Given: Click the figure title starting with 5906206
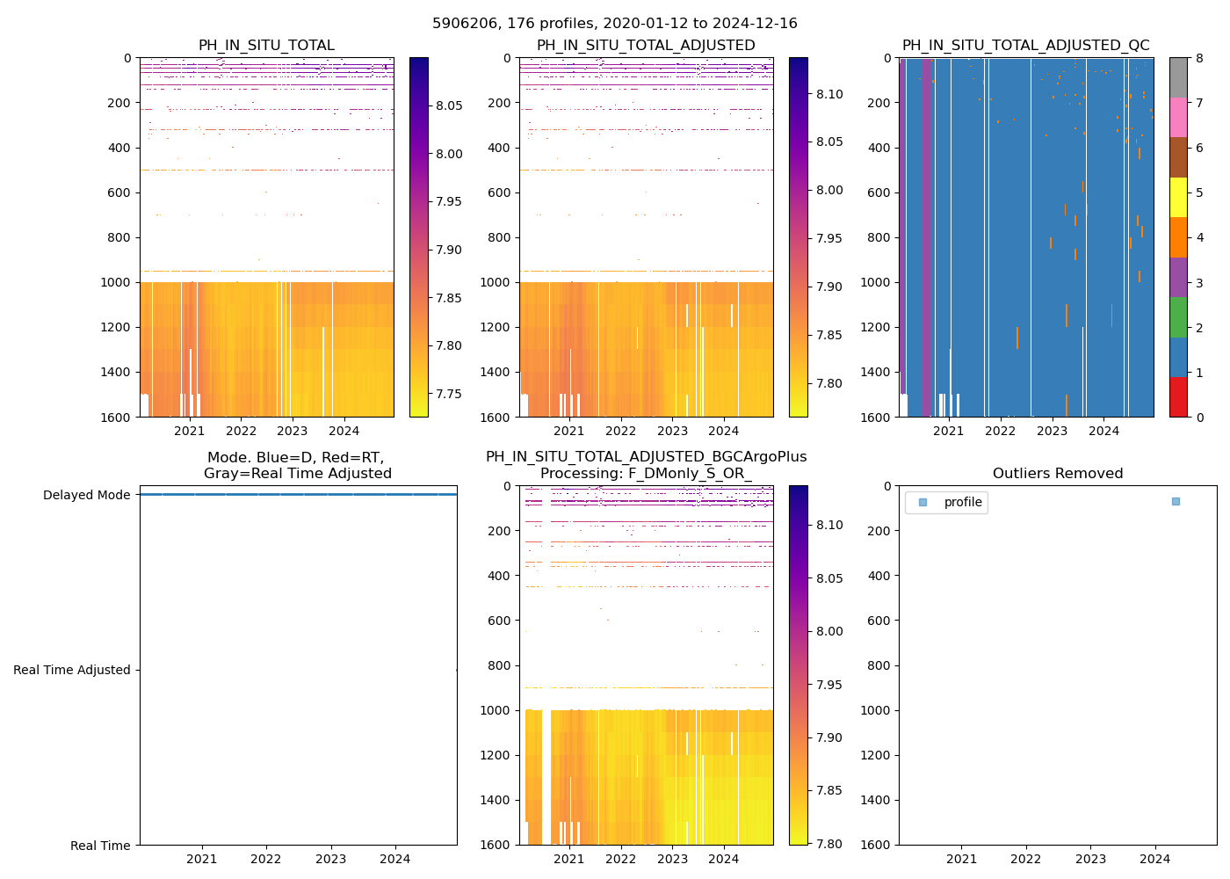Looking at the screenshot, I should tap(615, 24).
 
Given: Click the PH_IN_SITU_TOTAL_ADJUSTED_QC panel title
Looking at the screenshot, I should tap(1025, 46).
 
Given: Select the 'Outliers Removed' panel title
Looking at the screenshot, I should tap(1058, 474).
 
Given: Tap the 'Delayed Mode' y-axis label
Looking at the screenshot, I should tap(86, 495).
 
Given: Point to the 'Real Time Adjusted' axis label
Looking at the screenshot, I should tap(72, 670).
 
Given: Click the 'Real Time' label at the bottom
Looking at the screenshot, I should tap(100, 846).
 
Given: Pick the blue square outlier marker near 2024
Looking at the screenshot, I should tap(1176, 501).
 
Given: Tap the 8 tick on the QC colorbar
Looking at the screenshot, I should tap(1198, 58).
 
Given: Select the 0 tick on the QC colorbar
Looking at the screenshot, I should tap(1198, 417).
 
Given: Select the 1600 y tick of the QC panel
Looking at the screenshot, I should tap(879, 417).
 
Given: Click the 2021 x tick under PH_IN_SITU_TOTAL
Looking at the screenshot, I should tap(190, 431).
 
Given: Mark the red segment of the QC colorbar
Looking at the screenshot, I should tap(1178, 396).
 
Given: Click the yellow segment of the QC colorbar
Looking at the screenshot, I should tap(1178, 197).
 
